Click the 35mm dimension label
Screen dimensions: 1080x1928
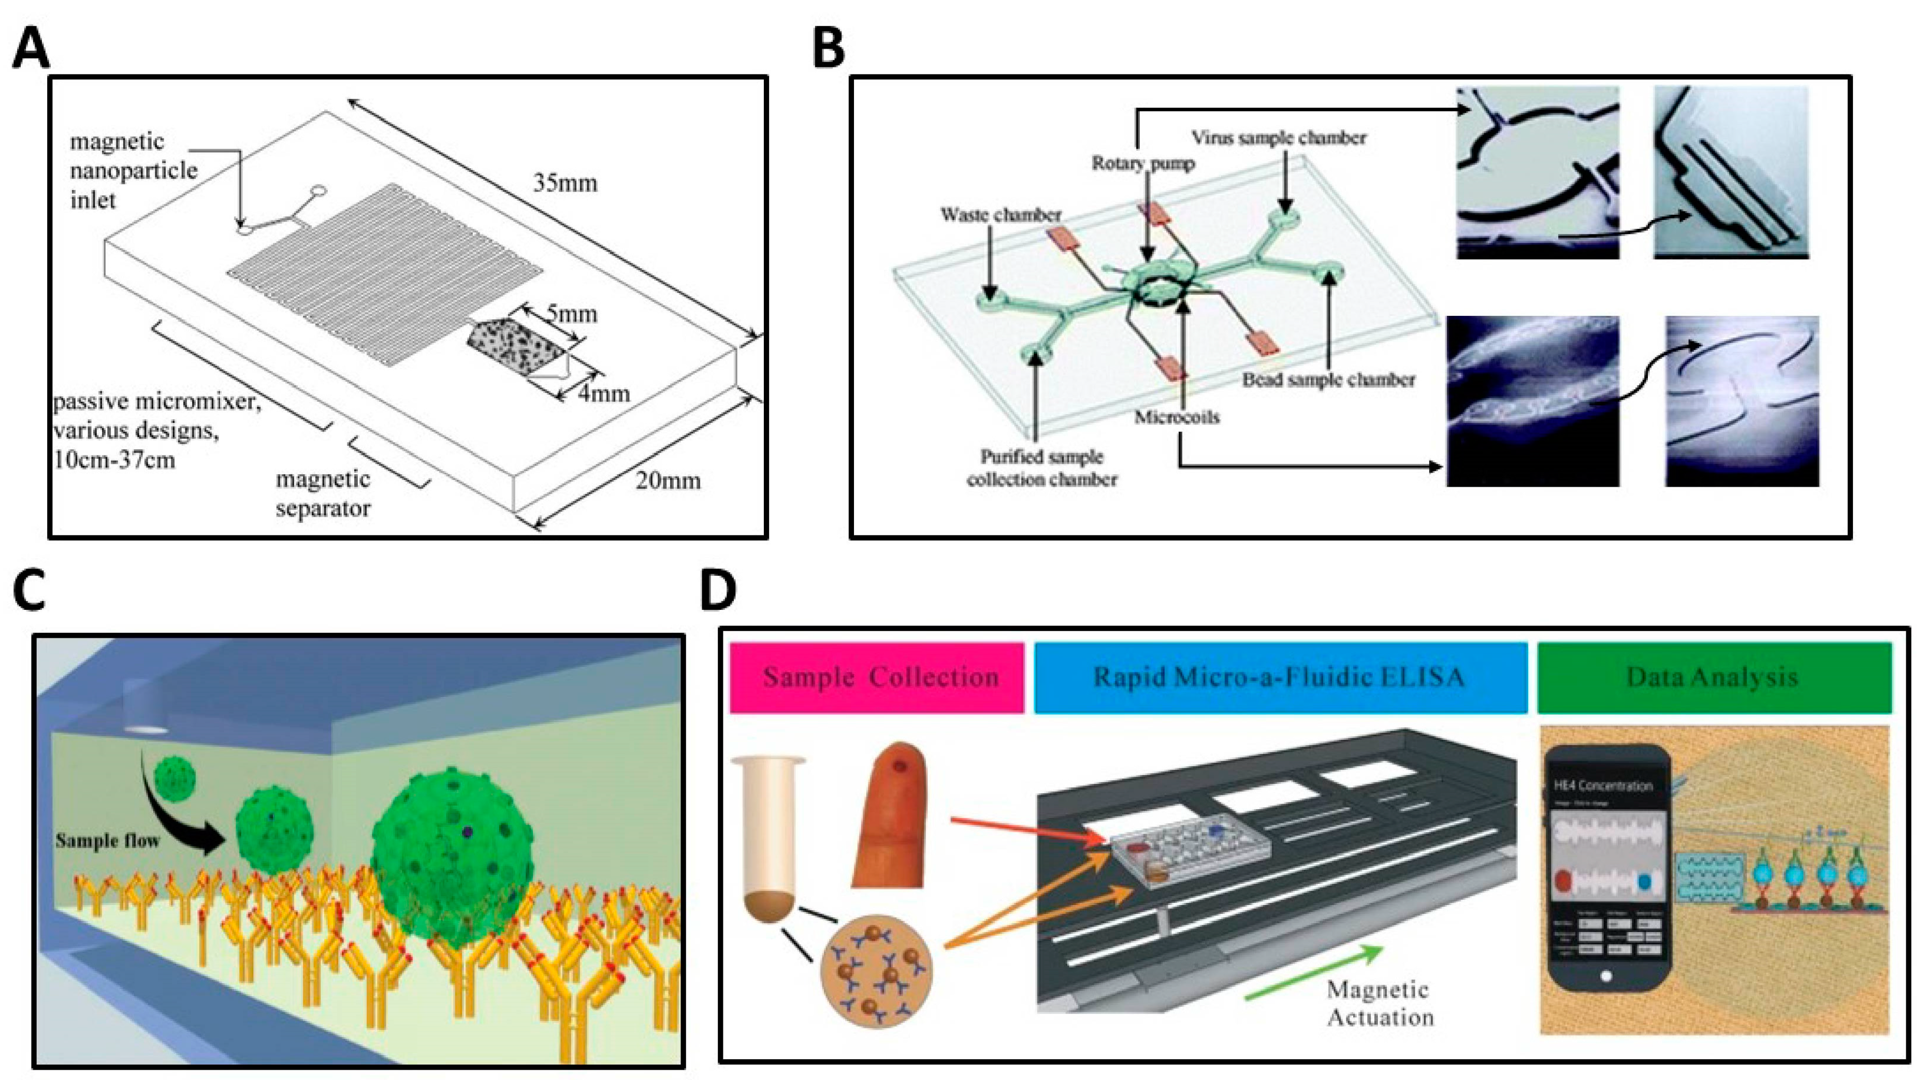565,183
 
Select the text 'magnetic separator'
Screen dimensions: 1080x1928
323,493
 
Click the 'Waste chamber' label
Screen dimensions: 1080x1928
1001,215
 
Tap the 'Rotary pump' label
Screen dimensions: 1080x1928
1143,163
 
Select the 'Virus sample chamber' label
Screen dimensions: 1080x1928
1279,138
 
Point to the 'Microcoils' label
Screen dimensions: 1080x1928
1177,417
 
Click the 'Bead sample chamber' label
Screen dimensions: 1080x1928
1328,380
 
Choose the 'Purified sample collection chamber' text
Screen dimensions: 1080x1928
1042,468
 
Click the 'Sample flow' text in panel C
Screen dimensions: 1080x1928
107,840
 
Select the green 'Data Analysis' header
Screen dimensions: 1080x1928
1713,677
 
